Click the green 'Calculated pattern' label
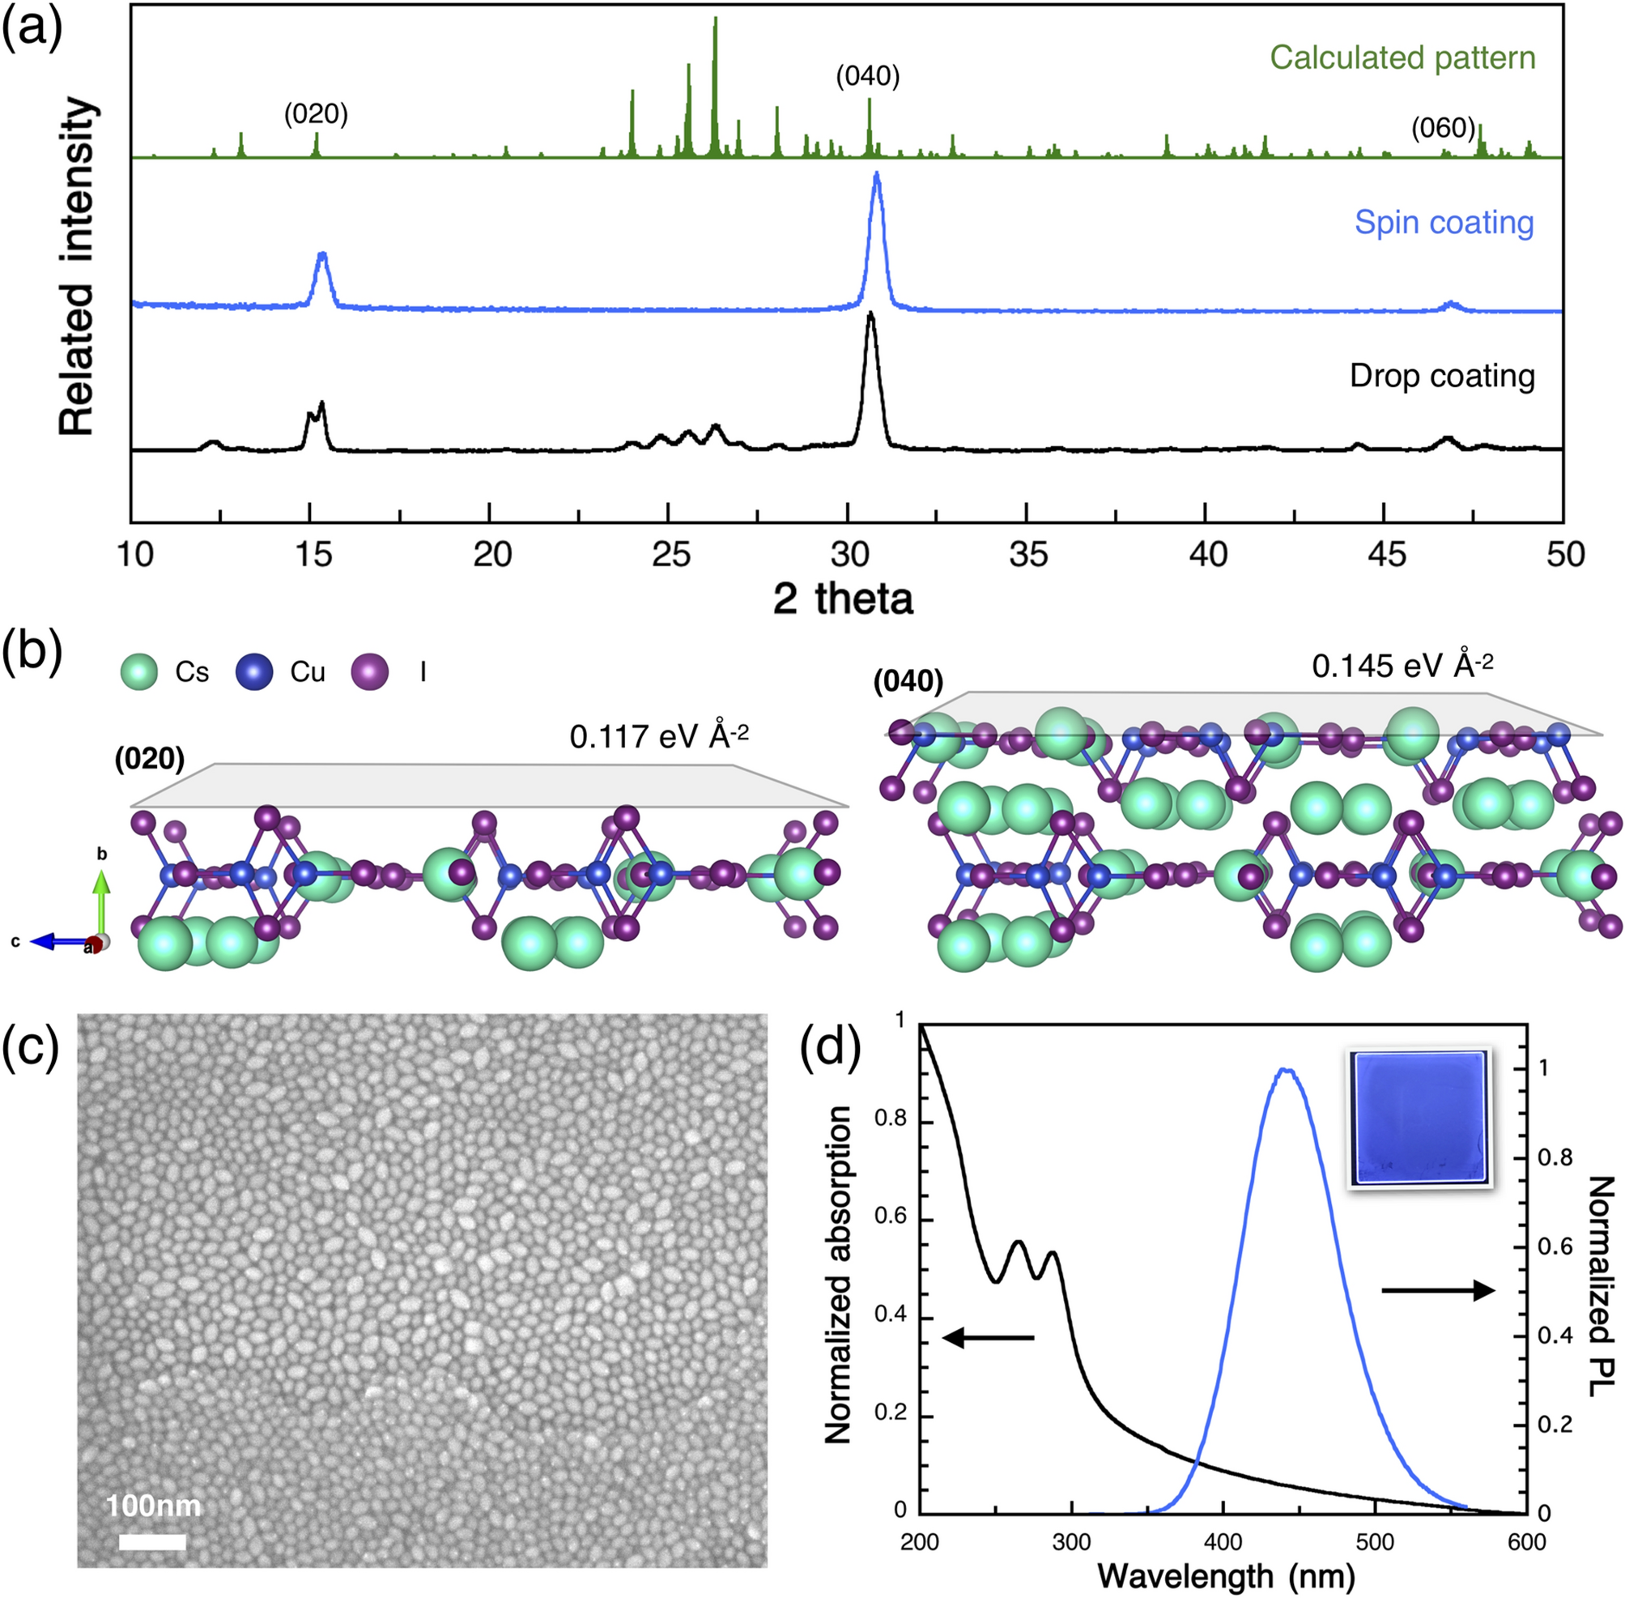pyautogui.click(x=1402, y=58)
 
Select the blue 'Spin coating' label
pyautogui.click(x=1444, y=223)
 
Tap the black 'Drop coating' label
pyautogui.click(x=1442, y=375)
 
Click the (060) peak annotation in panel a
pyautogui.click(x=1442, y=129)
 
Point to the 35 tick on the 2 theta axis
pyautogui.click(x=1027, y=555)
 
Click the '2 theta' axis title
pyautogui.click(x=842, y=599)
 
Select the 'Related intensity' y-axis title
pyautogui.click(x=77, y=267)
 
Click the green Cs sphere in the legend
pyautogui.click(x=138, y=672)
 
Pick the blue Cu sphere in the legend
pyautogui.click(x=254, y=672)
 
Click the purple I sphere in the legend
pyautogui.click(x=370, y=672)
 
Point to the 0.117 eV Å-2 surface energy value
pyautogui.click(x=658, y=736)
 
